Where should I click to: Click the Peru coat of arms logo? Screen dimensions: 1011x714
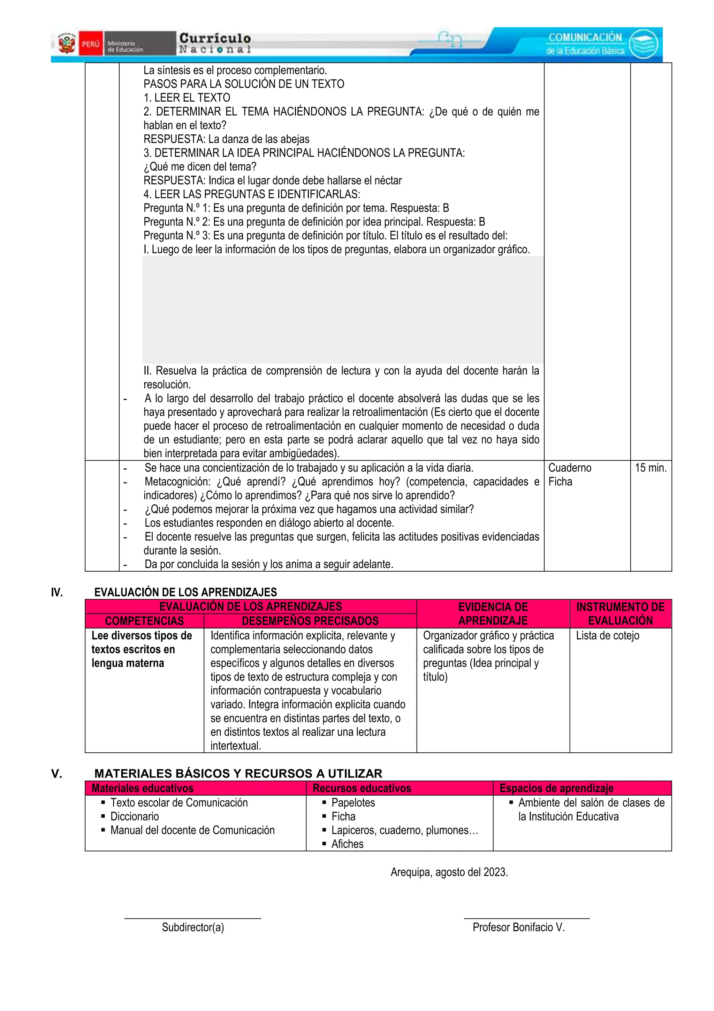coord(67,44)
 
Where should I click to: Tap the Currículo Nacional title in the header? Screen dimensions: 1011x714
coord(215,43)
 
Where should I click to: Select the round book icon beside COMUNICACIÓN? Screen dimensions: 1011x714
coord(643,44)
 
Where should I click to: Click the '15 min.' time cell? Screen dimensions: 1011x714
coord(650,468)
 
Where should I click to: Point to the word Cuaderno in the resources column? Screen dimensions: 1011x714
coord(569,468)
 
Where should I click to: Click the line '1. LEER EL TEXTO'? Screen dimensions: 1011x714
coord(187,97)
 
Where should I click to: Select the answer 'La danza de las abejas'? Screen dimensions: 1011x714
coord(259,139)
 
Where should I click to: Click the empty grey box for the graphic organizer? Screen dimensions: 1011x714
coord(342,309)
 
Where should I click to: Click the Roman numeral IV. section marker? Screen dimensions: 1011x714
coord(57,592)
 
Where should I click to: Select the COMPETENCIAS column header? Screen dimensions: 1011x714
coord(144,621)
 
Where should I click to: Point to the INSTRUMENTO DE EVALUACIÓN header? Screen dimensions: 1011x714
coord(620,614)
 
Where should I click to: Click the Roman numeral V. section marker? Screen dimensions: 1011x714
coord(56,774)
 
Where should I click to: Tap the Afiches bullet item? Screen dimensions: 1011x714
coord(347,844)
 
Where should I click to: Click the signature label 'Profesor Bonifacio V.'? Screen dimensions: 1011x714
coord(518,927)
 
